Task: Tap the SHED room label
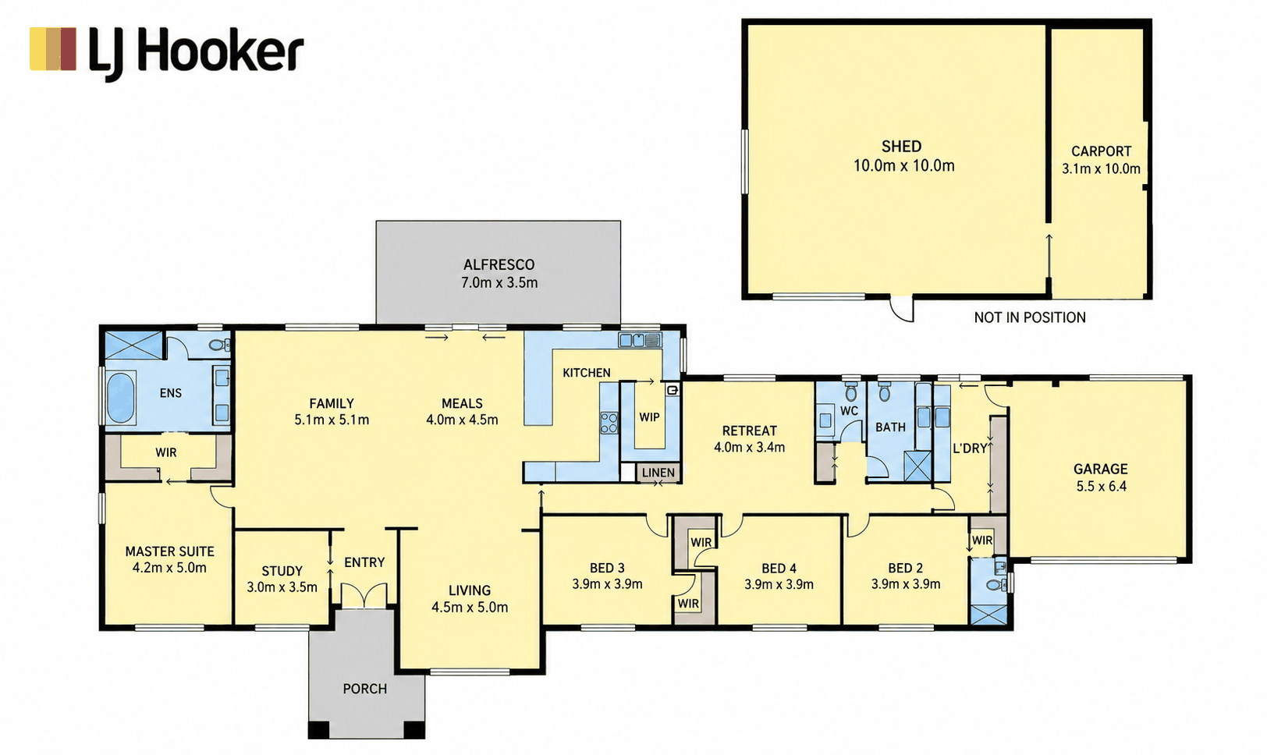click(x=901, y=147)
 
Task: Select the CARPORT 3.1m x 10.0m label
click(x=1101, y=160)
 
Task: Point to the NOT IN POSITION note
click(x=1030, y=318)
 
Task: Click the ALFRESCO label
click(x=499, y=264)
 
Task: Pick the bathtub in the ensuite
click(x=121, y=397)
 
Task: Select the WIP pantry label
click(x=649, y=417)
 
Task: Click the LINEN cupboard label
click(x=658, y=473)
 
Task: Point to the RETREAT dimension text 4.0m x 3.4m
click(x=750, y=448)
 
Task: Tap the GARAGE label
click(x=1100, y=469)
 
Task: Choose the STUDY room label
click(x=282, y=571)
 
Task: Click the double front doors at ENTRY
click(x=364, y=596)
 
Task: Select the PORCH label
click(x=365, y=689)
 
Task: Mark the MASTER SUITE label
click(x=170, y=551)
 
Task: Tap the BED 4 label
click(x=779, y=569)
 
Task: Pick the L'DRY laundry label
click(x=970, y=448)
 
